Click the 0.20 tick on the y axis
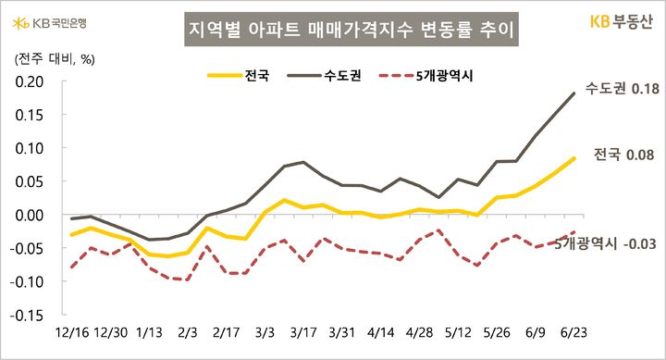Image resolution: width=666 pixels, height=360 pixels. tap(30, 81)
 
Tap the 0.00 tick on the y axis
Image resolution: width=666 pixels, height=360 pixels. tap(30, 215)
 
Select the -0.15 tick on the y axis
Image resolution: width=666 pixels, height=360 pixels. tap(28, 315)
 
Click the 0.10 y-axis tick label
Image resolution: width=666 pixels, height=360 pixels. tap(30, 148)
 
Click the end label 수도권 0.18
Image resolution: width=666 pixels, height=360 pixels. tap(621, 89)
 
